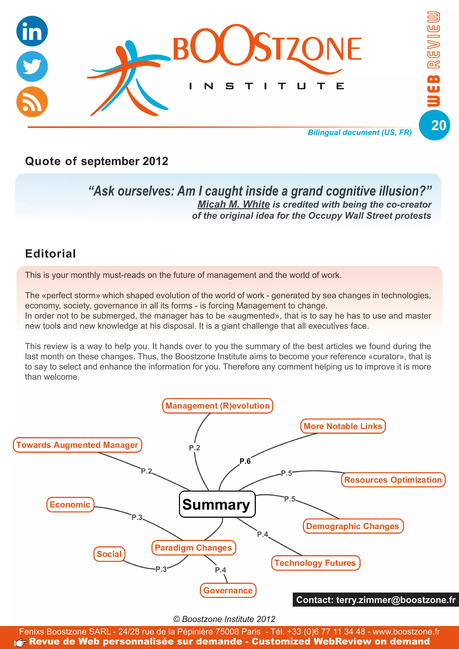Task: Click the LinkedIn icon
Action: click(x=32, y=31)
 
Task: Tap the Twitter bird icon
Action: click(x=32, y=66)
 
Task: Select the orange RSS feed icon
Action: click(x=32, y=102)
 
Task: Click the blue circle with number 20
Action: click(x=434, y=125)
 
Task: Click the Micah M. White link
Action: click(x=234, y=204)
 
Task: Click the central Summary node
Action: click(x=217, y=504)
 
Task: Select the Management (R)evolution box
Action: click(x=217, y=406)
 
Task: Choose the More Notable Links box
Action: click(x=343, y=426)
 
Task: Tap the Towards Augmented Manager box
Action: click(x=77, y=445)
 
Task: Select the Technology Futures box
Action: click(x=315, y=563)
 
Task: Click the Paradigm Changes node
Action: click(x=194, y=548)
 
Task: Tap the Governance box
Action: click(x=228, y=590)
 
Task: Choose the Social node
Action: click(x=109, y=554)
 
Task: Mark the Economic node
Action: click(x=70, y=504)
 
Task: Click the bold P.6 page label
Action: click(x=245, y=461)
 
